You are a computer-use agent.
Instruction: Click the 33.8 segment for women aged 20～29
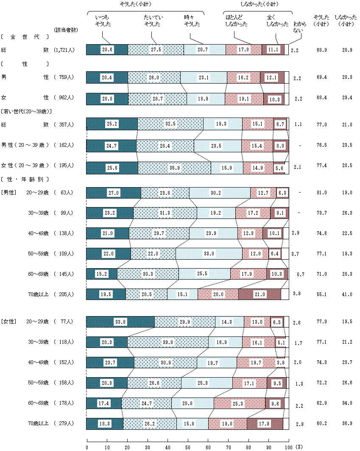pyautogui.click(x=120, y=322)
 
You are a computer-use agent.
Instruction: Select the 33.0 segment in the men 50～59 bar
pyautogui.click(x=209, y=254)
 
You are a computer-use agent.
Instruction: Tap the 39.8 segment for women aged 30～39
pyautogui.click(x=168, y=342)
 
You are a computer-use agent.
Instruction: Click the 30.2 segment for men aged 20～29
pyautogui.click(x=220, y=193)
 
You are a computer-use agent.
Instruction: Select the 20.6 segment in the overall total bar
pyautogui.click(x=107, y=50)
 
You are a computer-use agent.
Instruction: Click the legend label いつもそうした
pyautogui.click(x=103, y=20)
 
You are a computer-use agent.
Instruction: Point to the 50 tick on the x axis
pyautogui.click(x=188, y=447)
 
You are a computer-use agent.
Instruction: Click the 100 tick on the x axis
pyautogui.click(x=289, y=447)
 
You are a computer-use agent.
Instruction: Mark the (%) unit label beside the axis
pyautogui.click(x=299, y=447)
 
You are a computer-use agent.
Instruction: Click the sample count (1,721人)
pyautogui.click(x=64, y=50)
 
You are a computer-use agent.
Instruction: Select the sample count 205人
pyautogui.click(x=64, y=294)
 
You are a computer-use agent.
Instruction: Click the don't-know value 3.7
pyautogui.click(x=296, y=254)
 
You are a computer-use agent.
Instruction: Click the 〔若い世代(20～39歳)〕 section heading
pyautogui.click(x=27, y=111)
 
